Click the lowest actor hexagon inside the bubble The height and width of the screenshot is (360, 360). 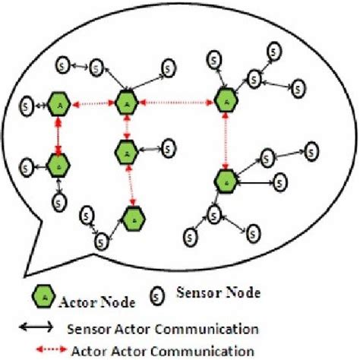coord(134,218)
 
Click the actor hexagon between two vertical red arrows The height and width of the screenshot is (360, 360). coord(127,153)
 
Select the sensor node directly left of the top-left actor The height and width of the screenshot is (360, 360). coord(28,103)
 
